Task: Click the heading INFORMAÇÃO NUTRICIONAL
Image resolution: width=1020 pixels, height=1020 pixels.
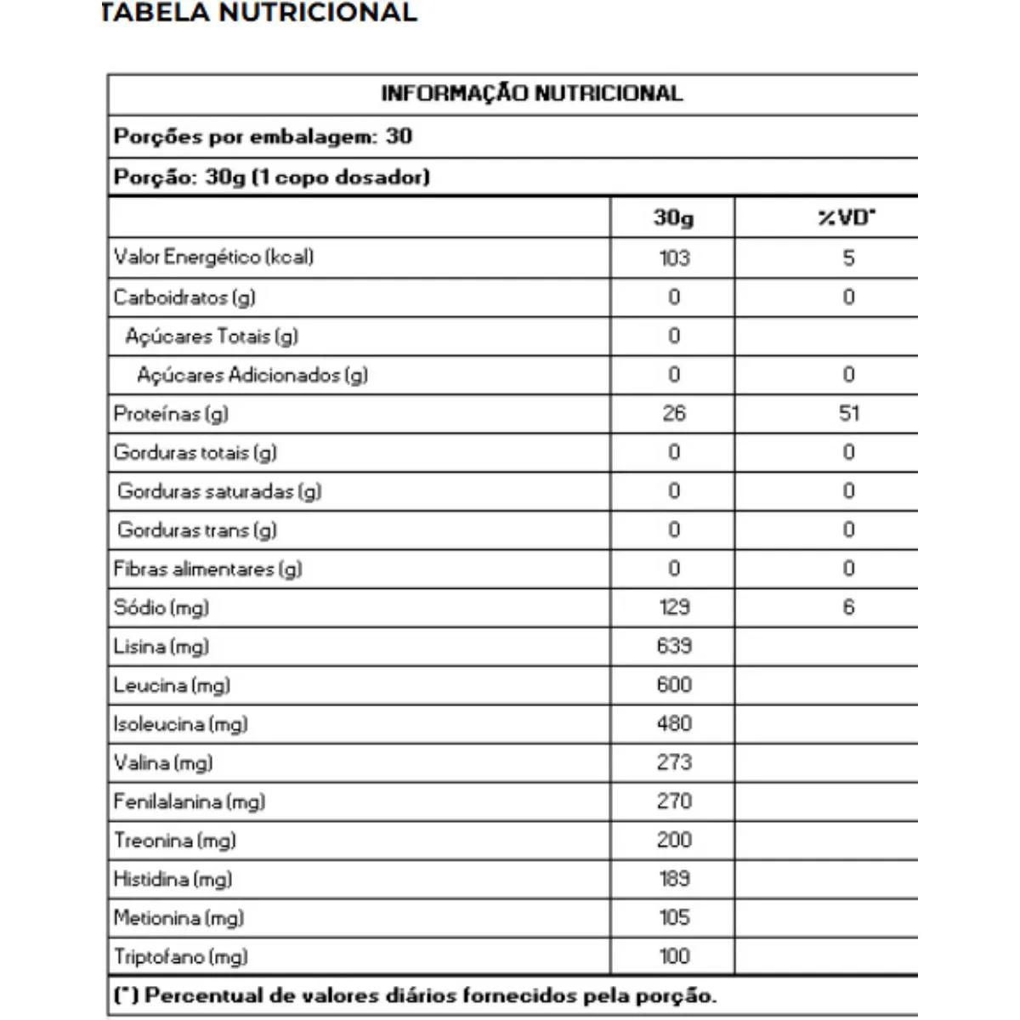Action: click(531, 93)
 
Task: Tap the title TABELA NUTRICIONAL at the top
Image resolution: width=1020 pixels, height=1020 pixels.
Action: click(259, 13)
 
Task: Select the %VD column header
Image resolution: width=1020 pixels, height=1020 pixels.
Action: click(847, 218)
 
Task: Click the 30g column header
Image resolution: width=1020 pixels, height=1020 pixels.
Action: click(673, 218)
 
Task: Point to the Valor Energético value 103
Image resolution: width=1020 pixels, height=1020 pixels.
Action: click(674, 258)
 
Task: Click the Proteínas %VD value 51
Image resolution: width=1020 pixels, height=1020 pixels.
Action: click(848, 413)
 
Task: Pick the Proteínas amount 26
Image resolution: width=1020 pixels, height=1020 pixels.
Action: click(674, 413)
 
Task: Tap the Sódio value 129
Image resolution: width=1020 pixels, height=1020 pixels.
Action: click(674, 607)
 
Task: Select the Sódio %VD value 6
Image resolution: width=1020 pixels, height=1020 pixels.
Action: click(848, 607)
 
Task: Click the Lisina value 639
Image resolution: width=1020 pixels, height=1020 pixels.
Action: click(674, 646)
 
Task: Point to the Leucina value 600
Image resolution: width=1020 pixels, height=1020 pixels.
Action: click(674, 685)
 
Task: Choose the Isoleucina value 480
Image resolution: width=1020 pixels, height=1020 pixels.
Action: click(674, 723)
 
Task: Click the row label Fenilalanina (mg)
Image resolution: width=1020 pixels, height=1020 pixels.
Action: click(190, 802)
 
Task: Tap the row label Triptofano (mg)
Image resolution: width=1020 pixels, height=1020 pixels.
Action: click(181, 957)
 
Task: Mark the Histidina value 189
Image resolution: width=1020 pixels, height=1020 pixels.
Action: click(674, 879)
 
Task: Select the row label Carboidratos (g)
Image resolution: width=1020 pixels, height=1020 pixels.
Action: click(184, 297)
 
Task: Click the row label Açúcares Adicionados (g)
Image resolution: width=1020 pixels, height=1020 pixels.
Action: click(252, 375)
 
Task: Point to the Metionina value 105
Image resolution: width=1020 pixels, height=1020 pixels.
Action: click(674, 918)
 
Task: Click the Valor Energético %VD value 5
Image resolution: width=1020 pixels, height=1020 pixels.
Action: click(848, 258)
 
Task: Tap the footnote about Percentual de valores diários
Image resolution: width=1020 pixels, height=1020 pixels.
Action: click(415, 995)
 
